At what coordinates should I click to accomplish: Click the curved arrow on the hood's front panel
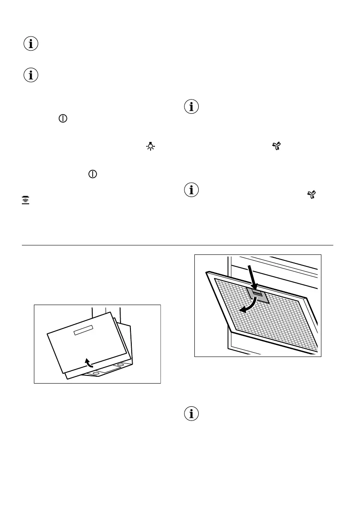(88, 363)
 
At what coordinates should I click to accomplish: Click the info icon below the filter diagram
(191, 414)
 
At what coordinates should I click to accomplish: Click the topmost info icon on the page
(30, 44)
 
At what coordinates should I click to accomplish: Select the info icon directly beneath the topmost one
(30, 76)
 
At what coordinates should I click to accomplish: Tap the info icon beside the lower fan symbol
(191, 190)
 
